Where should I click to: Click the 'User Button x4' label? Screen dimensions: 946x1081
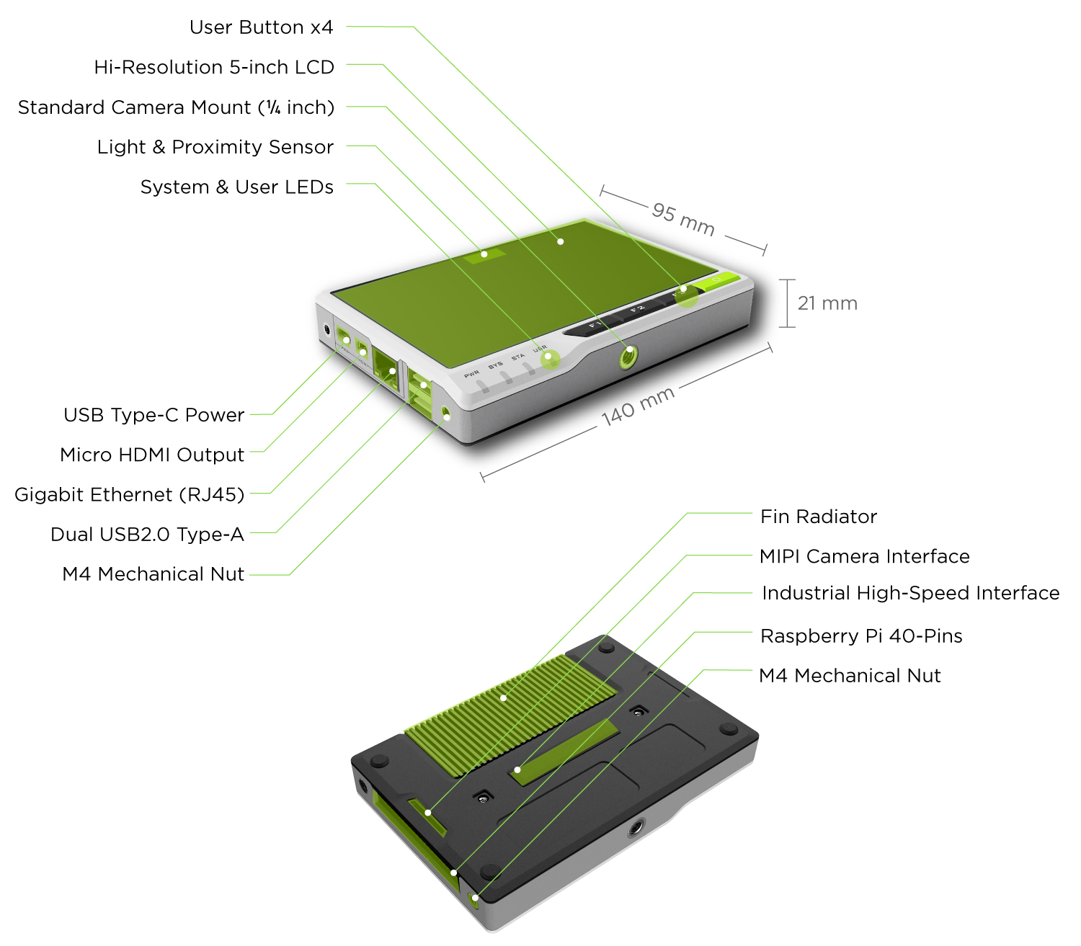tap(261, 27)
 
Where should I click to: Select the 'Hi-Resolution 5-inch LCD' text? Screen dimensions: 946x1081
tap(214, 67)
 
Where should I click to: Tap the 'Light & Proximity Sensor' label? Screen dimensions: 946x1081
tap(215, 147)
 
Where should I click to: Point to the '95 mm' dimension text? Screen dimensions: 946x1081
tap(683, 219)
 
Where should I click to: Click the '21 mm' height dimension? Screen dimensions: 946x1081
tap(827, 303)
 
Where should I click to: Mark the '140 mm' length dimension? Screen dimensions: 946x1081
tap(638, 406)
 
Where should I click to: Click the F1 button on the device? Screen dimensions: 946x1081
tap(595, 326)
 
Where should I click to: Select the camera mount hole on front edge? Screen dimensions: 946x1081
tap(628, 356)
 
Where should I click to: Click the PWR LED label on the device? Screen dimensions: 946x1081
tap(472, 374)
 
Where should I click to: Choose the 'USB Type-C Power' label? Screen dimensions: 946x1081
tap(154, 415)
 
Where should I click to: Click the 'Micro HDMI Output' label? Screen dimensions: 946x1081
tap(152, 455)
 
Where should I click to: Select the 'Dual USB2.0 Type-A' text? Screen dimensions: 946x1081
tap(147, 535)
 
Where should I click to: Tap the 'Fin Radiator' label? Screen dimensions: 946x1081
tap(819, 517)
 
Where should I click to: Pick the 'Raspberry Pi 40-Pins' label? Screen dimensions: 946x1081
tap(861, 636)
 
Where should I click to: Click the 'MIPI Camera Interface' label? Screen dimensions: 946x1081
tap(864, 556)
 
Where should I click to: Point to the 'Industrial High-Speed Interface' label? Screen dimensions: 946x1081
tap(910, 593)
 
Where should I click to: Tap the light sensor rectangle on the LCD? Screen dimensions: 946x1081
tap(484, 254)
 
